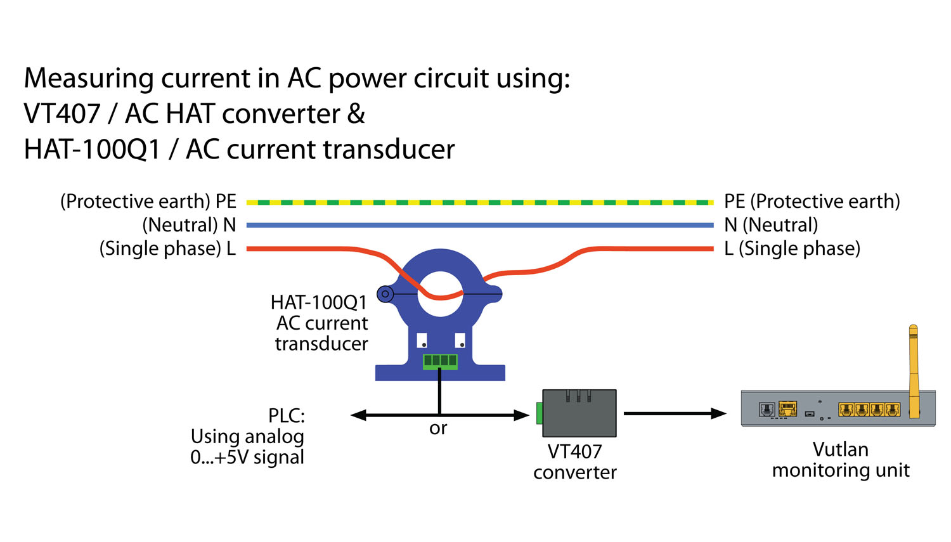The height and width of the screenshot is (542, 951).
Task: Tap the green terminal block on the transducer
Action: point(440,361)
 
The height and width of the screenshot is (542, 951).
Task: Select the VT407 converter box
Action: point(579,413)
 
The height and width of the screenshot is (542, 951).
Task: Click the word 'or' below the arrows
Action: point(438,429)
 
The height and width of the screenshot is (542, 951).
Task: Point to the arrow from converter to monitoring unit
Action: point(675,414)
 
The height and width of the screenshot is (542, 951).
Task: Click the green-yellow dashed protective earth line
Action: point(479,202)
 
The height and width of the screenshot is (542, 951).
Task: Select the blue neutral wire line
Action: point(479,225)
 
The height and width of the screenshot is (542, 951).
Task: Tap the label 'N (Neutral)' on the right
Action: point(771,225)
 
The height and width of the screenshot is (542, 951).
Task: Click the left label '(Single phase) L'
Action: point(167,248)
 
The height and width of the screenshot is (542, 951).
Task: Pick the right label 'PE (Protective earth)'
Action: point(812,202)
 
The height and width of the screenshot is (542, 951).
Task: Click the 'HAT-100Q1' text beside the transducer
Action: point(319,302)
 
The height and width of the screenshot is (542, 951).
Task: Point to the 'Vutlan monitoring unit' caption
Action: point(841,460)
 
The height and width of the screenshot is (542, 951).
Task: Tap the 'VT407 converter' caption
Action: point(574,461)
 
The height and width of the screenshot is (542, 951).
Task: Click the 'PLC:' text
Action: point(287,416)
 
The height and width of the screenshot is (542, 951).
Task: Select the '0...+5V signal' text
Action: point(247,458)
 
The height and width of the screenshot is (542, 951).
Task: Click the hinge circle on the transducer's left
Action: point(385,294)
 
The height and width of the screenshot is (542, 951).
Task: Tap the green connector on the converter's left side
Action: point(540,413)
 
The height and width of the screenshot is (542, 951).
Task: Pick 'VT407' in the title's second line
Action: point(62,114)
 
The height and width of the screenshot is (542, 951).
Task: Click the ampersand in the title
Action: point(356,114)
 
